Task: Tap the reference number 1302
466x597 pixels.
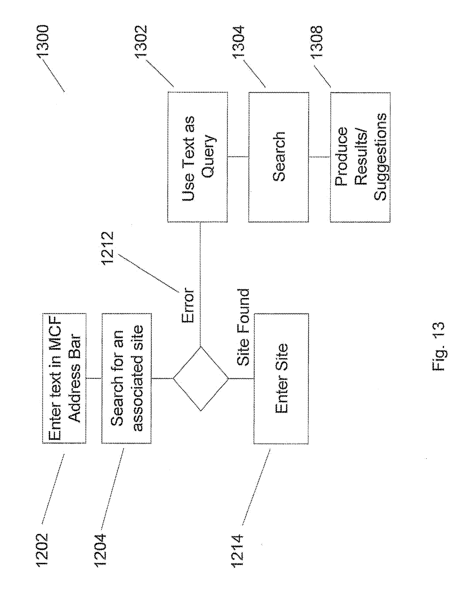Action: pos(141,41)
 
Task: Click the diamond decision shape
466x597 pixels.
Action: pos(200,379)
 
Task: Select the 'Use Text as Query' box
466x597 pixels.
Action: pos(197,157)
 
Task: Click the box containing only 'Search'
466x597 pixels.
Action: pos(278,157)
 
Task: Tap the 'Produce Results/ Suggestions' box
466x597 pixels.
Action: pos(360,157)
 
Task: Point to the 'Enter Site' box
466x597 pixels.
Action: pos(281,379)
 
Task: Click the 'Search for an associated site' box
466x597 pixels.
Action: pos(126,379)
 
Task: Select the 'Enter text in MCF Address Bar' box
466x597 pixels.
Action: pos(64,379)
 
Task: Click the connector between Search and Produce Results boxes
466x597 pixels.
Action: pos(320,157)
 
